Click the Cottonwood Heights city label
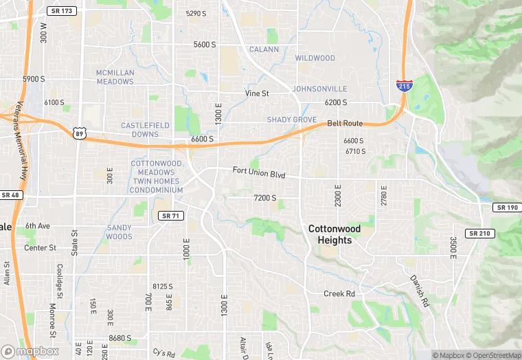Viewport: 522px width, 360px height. point(330,234)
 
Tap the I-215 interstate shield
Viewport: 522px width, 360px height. point(404,85)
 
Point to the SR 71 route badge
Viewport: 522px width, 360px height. point(170,216)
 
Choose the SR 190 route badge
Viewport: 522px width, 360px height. point(507,207)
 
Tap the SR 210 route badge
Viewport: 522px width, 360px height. point(479,234)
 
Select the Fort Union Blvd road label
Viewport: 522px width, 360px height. point(258,172)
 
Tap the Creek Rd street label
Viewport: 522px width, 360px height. point(339,293)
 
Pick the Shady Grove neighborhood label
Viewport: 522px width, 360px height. point(292,120)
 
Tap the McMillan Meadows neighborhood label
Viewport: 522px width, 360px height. point(115,77)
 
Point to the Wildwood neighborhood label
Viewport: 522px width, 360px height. point(315,58)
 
